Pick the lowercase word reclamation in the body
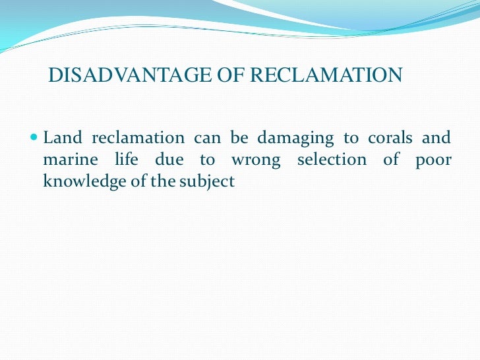138,138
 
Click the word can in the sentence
208,138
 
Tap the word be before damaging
241,138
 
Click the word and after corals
438,138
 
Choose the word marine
67,160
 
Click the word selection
330,160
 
